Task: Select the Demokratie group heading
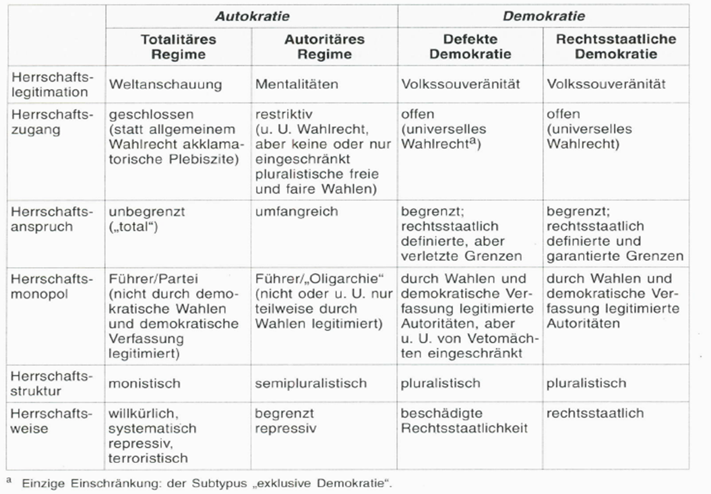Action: coord(543,15)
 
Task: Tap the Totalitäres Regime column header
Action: coord(178,47)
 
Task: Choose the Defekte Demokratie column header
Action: coord(470,47)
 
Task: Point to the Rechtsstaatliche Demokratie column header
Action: coord(616,47)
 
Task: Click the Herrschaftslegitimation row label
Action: coord(51,84)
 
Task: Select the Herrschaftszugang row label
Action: coord(50,122)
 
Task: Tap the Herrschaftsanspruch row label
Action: coord(50,218)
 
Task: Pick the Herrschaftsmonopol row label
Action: coord(51,286)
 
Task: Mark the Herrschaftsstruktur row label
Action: coord(50,383)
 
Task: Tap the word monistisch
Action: coord(145,383)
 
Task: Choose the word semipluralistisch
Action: coord(311,383)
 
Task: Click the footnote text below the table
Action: coord(202,483)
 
